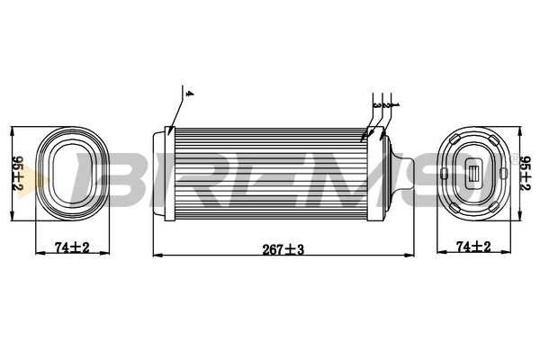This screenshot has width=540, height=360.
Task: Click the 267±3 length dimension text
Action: pos(281,249)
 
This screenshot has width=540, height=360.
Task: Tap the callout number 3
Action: pos(375,104)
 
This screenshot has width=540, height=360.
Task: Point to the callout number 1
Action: pos(394,104)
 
